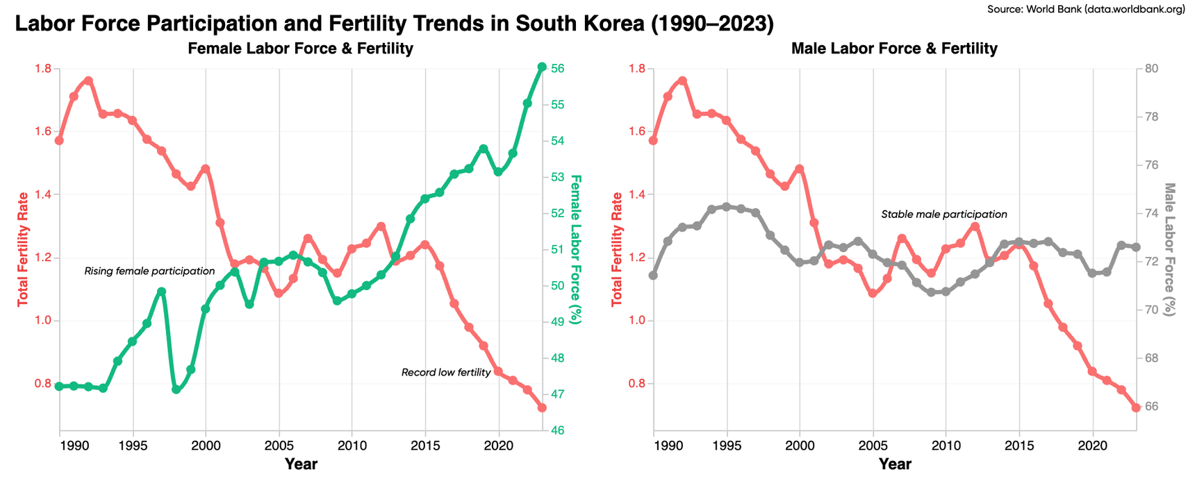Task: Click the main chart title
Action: point(394,24)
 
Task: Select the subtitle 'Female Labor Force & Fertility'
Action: point(300,49)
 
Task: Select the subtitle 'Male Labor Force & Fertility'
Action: point(894,49)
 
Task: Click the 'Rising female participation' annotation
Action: point(149,271)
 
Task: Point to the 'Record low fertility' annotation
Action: point(446,373)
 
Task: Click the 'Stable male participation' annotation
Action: point(943,215)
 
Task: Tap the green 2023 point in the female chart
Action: point(542,67)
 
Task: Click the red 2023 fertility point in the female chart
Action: point(542,408)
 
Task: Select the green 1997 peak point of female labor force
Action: point(162,292)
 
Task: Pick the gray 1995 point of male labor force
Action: point(726,206)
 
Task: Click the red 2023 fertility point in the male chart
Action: point(1136,408)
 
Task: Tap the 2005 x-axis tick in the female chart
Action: point(279,444)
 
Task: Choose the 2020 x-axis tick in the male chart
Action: point(1092,444)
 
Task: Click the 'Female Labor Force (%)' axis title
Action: point(575,250)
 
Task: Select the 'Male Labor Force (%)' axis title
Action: point(1169,250)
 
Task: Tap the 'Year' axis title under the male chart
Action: point(894,464)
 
